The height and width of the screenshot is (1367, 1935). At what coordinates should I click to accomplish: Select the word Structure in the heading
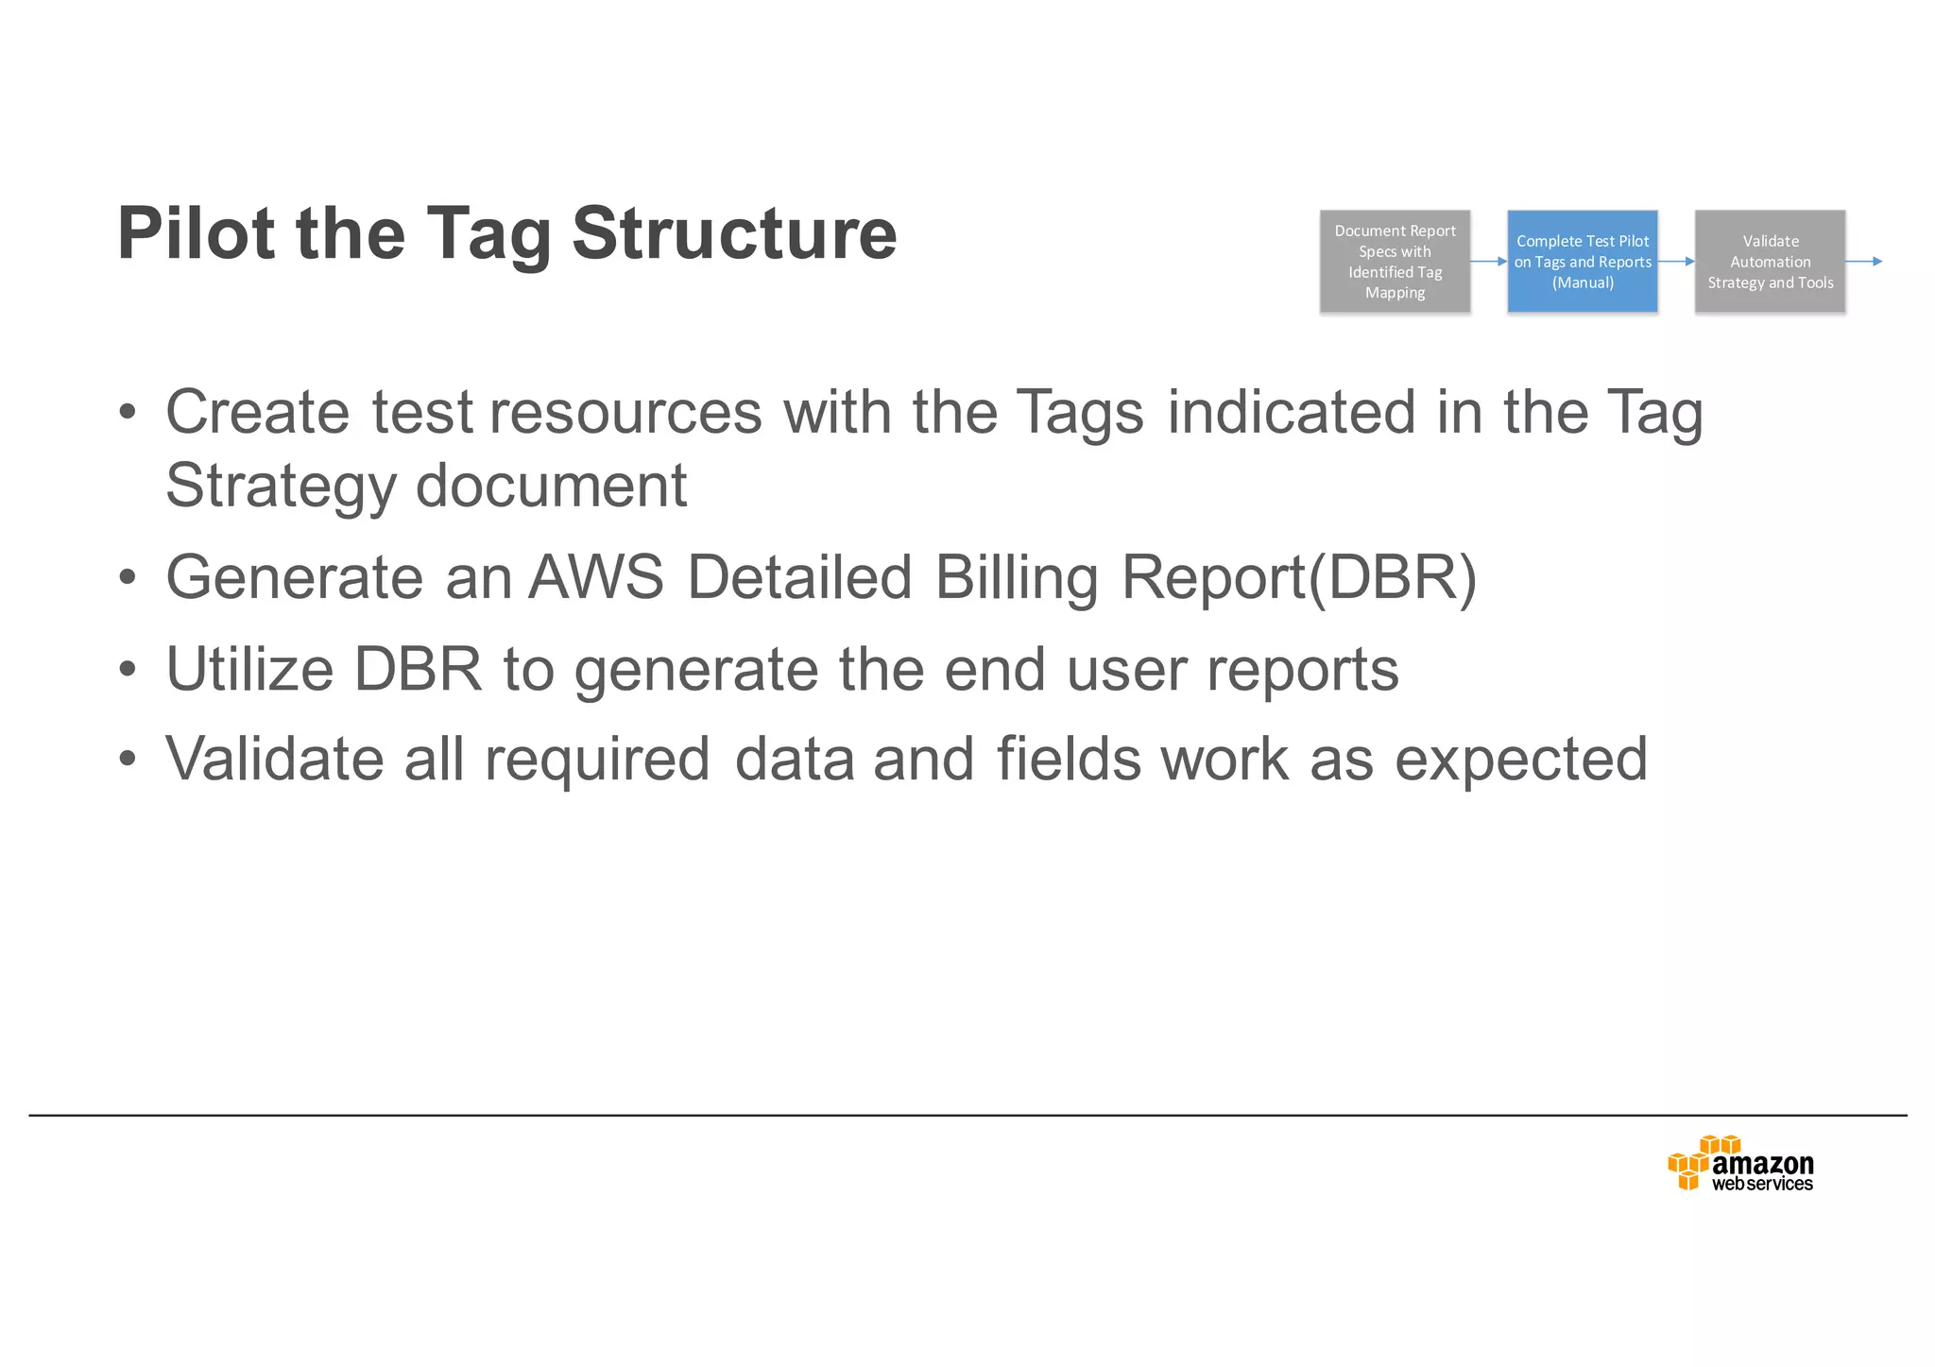[x=734, y=233]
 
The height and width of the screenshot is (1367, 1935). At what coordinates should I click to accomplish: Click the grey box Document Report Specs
[x=1395, y=262]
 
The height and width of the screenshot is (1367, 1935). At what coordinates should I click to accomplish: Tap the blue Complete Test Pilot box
[x=1582, y=262]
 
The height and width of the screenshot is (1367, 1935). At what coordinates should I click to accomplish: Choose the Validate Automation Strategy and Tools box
[x=1770, y=262]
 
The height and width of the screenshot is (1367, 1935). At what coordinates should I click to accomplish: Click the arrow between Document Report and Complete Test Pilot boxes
[x=1489, y=262]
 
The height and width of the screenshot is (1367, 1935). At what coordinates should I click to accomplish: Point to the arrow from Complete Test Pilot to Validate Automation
[x=1676, y=262]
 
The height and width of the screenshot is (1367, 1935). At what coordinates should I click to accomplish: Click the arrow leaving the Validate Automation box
[x=1864, y=262]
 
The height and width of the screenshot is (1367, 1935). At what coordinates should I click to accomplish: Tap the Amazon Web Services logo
[x=1740, y=1164]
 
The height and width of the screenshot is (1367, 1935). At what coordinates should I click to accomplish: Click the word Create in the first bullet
[x=257, y=412]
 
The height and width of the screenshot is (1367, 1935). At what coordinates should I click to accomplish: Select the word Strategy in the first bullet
[x=281, y=486]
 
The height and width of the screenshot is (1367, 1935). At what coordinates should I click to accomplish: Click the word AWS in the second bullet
[x=596, y=577]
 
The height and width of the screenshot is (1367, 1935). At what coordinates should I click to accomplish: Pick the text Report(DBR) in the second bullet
[x=1298, y=577]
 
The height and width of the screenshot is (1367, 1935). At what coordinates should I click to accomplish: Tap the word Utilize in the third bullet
[x=249, y=669]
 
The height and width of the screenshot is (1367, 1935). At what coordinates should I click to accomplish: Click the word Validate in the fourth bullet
[x=274, y=759]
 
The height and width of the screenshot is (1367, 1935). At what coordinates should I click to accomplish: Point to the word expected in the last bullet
[x=1521, y=759]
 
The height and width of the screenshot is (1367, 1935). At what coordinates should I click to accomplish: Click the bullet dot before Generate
[x=128, y=578]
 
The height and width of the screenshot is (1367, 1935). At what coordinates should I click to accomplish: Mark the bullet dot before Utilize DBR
[x=128, y=670]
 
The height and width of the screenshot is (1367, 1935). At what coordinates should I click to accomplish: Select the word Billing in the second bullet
[x=1017, y=577]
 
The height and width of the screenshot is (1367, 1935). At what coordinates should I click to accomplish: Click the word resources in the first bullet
[x=625, y=412]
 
